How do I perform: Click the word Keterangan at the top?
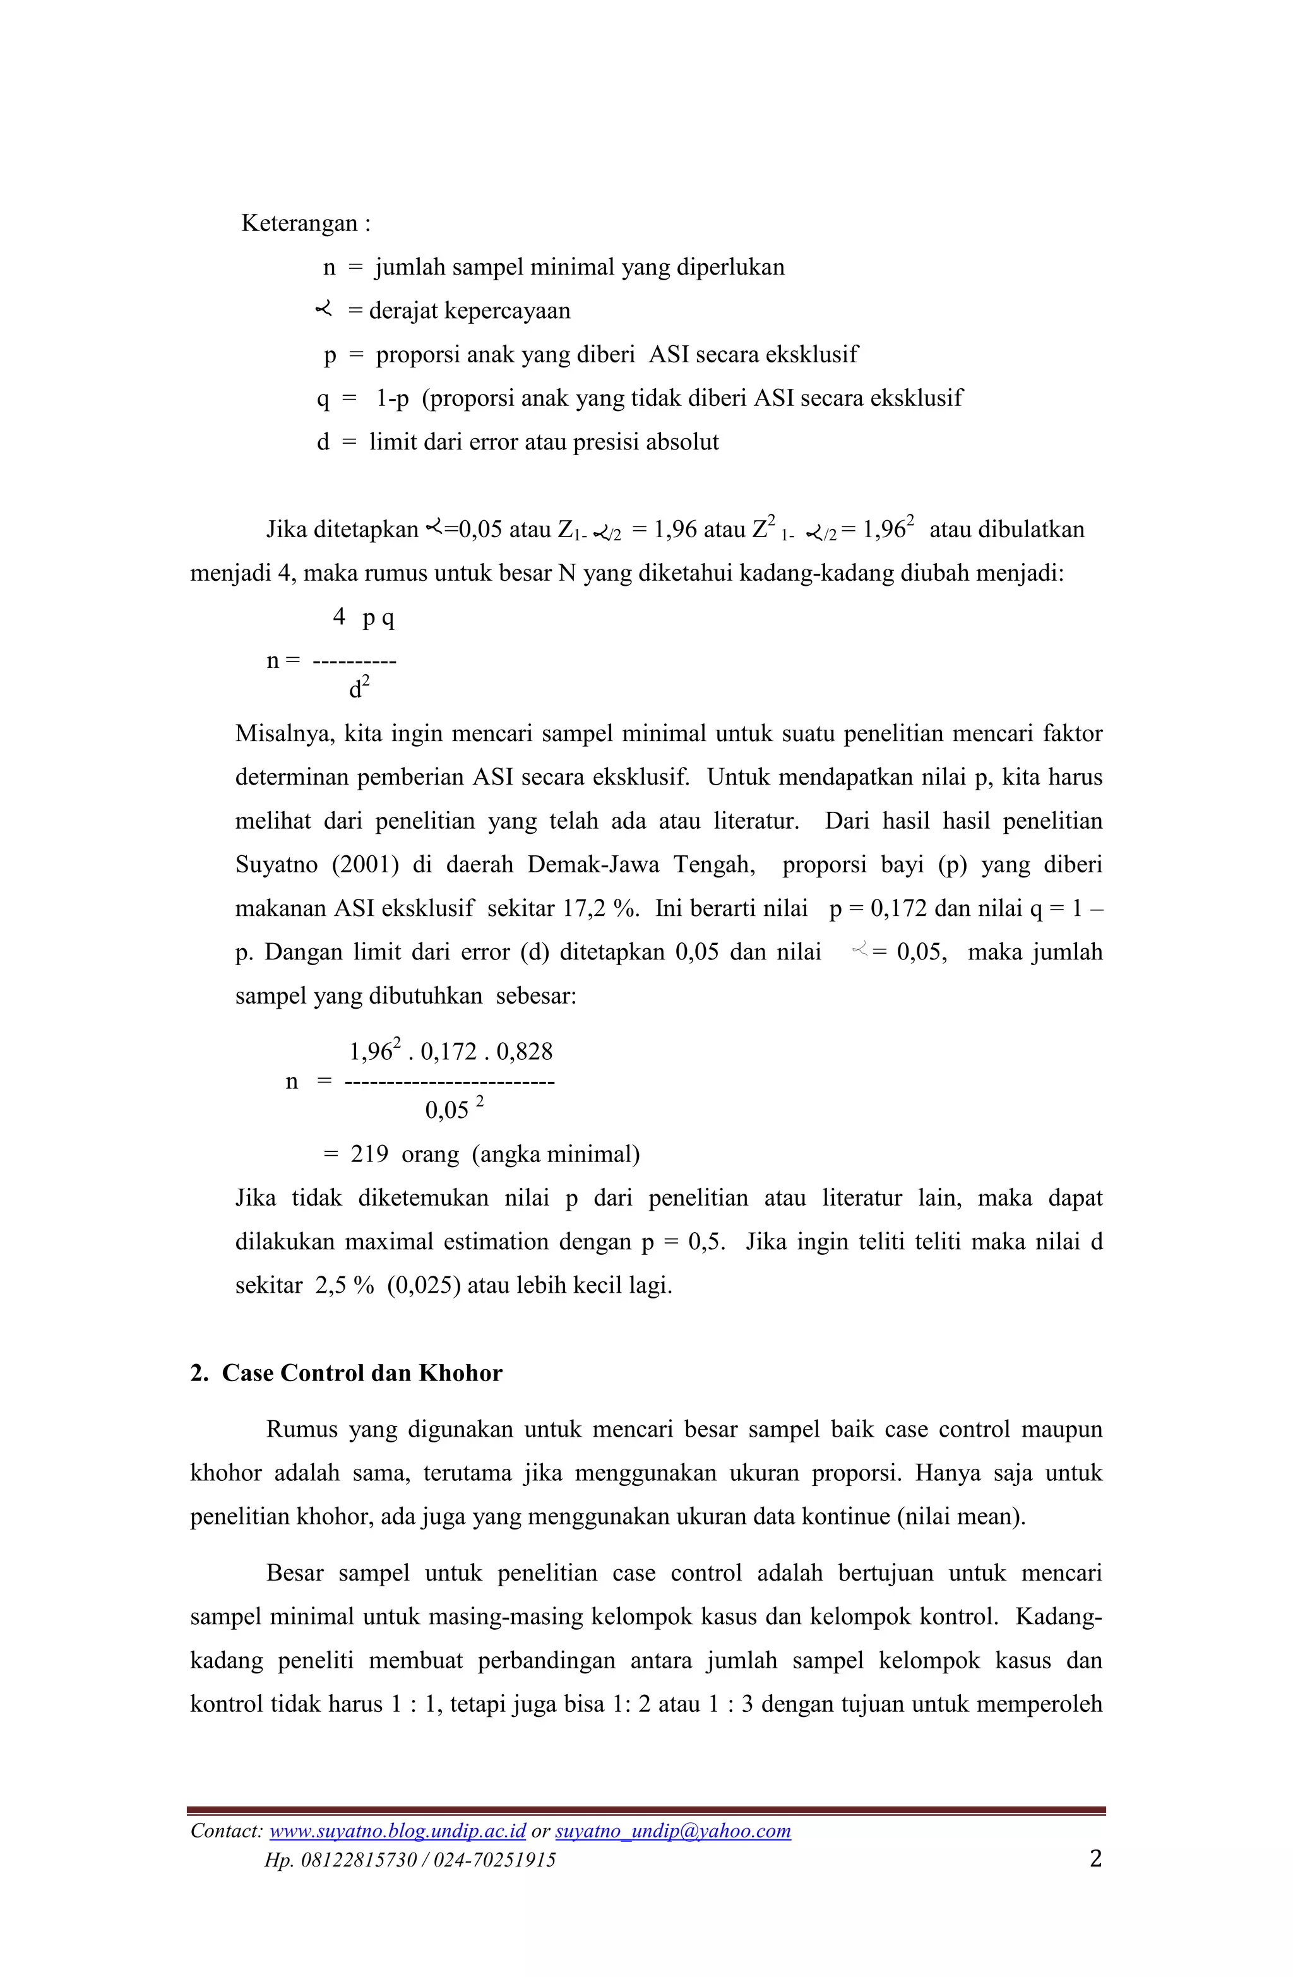pyautogui.click(x=299, y=223)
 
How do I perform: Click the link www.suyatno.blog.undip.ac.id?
pyautogui.click(x=397, y=1831)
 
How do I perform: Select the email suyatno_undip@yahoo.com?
pyautogui.click(x=672, y=1831)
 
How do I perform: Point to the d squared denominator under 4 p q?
pyautogui.click(x=358, y=689)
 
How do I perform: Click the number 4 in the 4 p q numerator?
pyautogui.click(x=339, y=616)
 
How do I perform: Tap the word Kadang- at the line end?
pyautogui.click(x=1058, y=1617)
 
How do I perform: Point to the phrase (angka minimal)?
pyautogui.click(x=555, y=1154)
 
